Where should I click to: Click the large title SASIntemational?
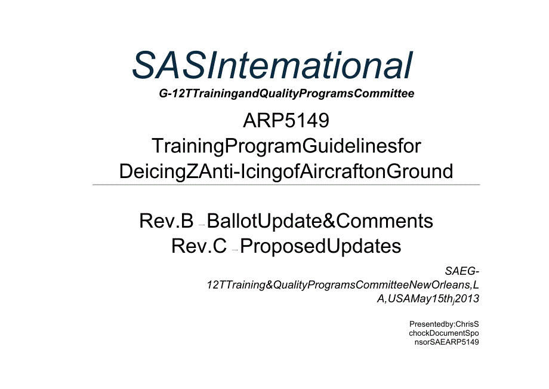[x=272, y=65]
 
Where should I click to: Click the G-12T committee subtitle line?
[x=286, y=94]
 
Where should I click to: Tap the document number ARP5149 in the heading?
[x=286, y=121]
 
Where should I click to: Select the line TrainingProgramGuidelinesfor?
[x=286, y=146]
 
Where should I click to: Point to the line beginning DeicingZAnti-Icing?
[x=286, y=171]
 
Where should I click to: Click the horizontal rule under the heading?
[x=286, y=185]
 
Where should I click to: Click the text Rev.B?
[x=166, y=222]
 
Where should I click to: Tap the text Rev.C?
[x=199, y=246]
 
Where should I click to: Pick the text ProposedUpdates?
[x=320, y=246]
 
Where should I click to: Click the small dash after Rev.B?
[x=202, y=225]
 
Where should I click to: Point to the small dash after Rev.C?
[x=235, y=250]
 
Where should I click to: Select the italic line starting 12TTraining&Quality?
[x=343, y=285]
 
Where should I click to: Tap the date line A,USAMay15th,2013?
[x=428, y=298]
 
